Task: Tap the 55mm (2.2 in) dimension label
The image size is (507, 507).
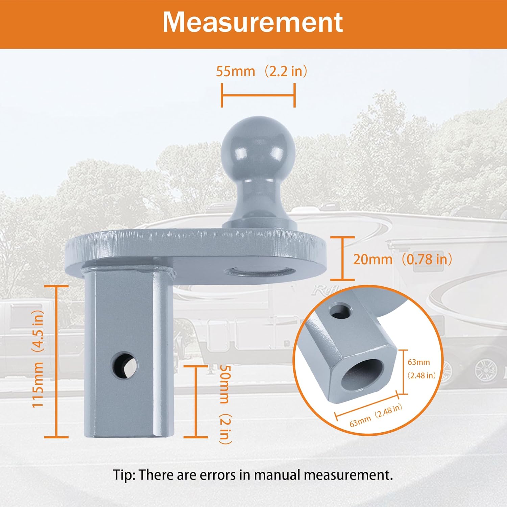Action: tap(261, 71)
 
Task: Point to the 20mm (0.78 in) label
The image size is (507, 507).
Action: tap(402, 260)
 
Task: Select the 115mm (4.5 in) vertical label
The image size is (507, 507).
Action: tap(38, 359)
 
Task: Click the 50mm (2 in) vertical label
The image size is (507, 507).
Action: tap(225, 404)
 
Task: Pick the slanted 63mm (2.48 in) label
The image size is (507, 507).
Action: tap(376, 415)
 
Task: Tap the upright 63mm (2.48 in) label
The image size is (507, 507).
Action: tap(420, 368)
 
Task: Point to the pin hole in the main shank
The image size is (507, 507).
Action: tap(124, 365)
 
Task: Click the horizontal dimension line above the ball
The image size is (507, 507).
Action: tap(258, 95)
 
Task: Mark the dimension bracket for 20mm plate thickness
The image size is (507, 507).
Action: tap(342, 259)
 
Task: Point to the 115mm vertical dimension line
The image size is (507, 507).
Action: tap(56, 362)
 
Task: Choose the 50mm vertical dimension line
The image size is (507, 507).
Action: tap(196, 401)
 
